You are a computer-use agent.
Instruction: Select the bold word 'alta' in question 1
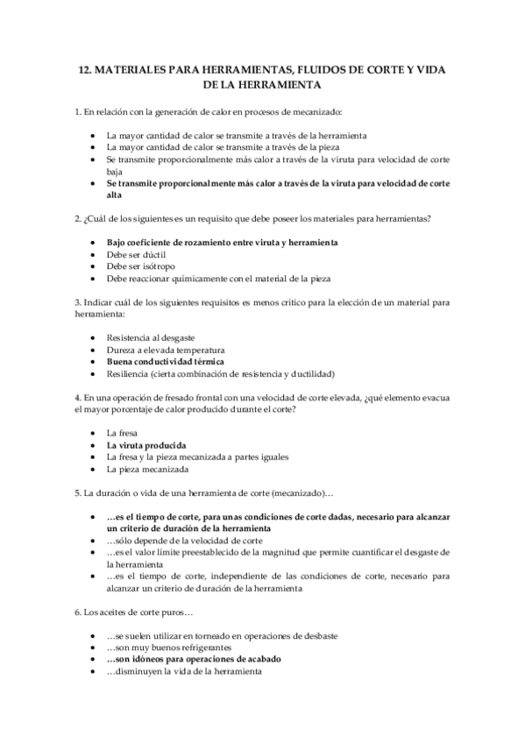coord(115,196)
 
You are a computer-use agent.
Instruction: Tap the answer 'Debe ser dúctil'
coord(138,253)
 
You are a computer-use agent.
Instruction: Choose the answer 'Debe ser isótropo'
coord(143,265)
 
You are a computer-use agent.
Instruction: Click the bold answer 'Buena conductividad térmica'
coord(165,361)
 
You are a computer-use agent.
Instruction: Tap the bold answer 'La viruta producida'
coord(148,445)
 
